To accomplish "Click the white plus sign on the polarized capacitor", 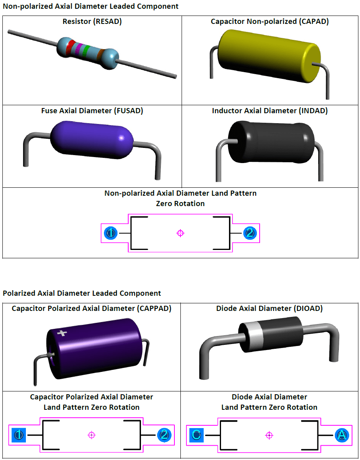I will [x=61, y=333].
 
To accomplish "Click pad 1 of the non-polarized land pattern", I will [x=110, y=233].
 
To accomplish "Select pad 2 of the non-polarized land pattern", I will [x=250, y=233].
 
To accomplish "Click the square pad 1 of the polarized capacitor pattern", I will [x=18, y=435].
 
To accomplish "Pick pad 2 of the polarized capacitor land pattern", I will [x=164, y=435].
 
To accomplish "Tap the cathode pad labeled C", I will [x=196, y=435].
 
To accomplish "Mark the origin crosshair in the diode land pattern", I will [x=269, y=435].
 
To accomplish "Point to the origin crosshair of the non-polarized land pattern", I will [x=180, y=233].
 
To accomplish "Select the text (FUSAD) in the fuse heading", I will [x=128, y=111].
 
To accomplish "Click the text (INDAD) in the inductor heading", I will [x=313, y=111].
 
